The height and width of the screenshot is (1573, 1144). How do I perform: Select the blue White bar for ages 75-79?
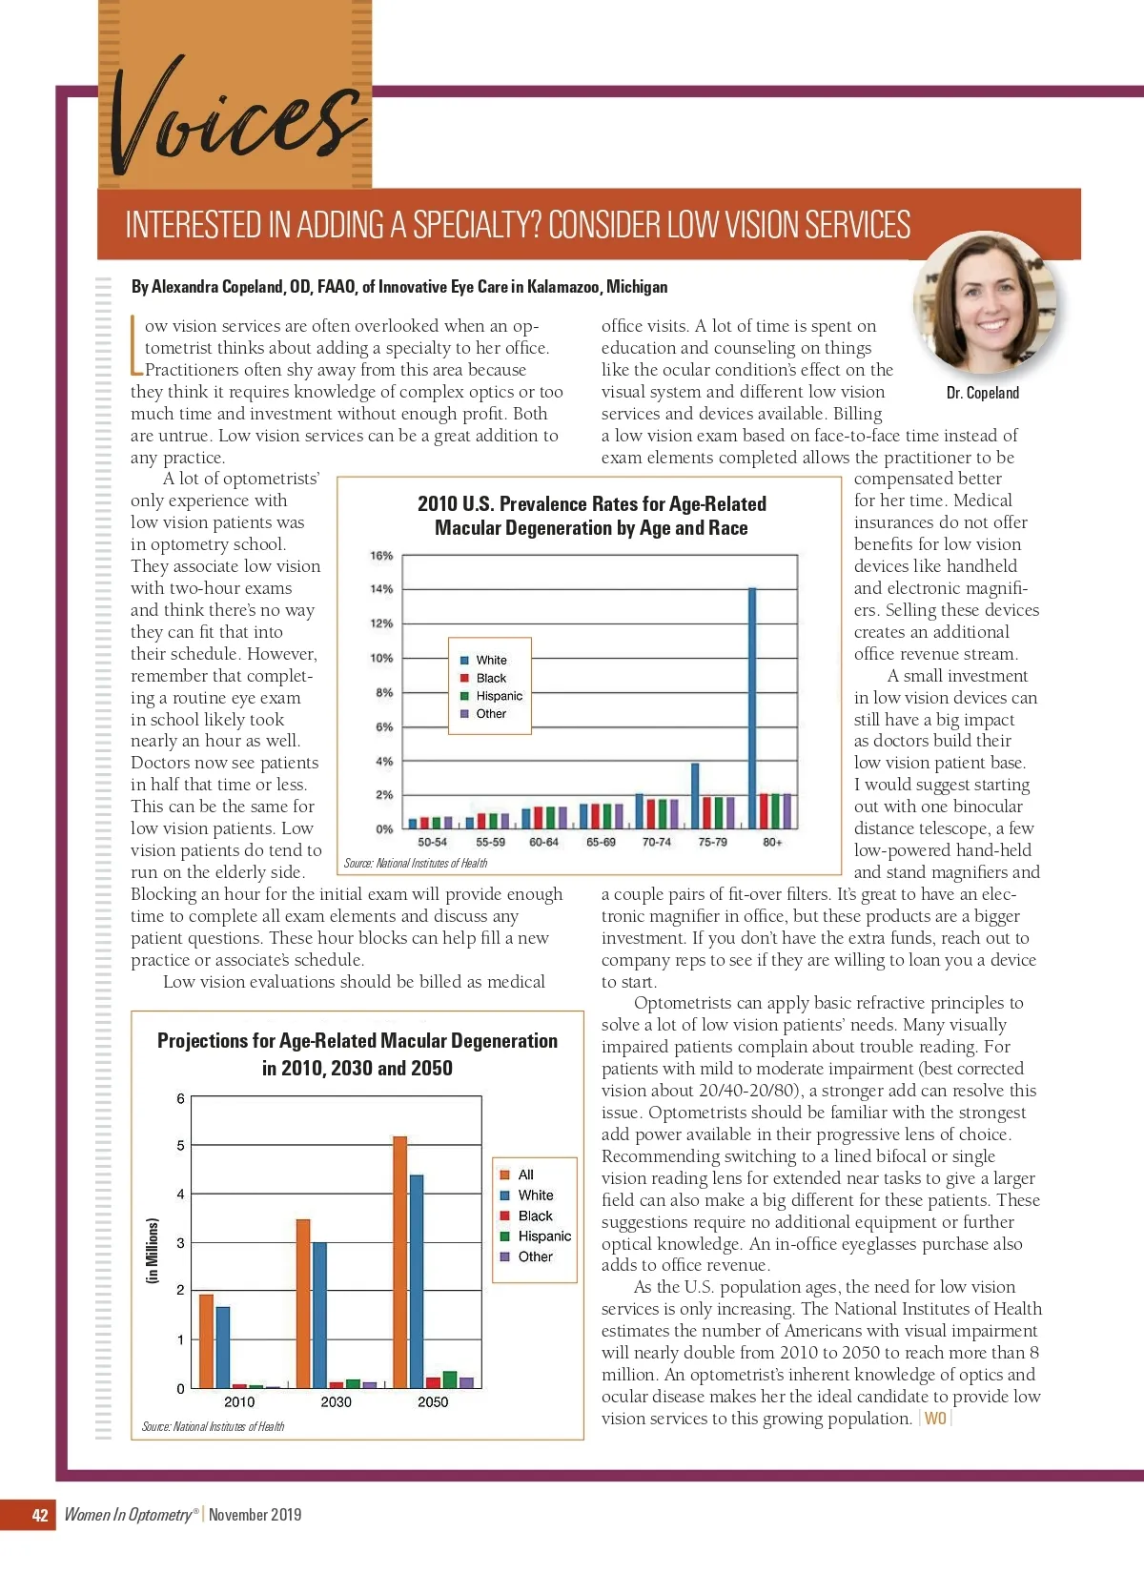click(x=695, y=795)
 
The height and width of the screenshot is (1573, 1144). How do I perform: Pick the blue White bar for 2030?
click(x=319, y=1315)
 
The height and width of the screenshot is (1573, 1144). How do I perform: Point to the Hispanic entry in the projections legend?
click(x=544, y=1236)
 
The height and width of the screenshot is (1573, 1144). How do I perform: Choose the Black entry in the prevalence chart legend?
click(x=491, y=678)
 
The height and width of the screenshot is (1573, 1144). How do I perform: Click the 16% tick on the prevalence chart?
click(x=381, y=556)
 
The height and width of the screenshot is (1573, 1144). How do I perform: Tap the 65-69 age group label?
click(x=601, y=843)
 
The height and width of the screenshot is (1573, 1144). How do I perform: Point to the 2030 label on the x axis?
click(x=336, y=1402)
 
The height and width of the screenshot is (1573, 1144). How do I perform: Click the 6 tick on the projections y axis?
click(x=180, y=1099)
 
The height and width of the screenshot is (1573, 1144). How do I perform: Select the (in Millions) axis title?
click(x=153, y=1250)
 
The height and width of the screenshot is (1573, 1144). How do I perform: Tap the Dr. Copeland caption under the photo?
click(x=982, y=393)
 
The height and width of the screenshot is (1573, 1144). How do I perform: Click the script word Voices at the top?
click(x=234, y=119)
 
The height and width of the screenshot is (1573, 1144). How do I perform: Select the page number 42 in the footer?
click(x=40, y=1515)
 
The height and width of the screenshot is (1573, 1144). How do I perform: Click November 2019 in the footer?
click(x=255, y=1515)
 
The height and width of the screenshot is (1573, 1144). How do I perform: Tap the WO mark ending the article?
click(x=935, y=1419)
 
